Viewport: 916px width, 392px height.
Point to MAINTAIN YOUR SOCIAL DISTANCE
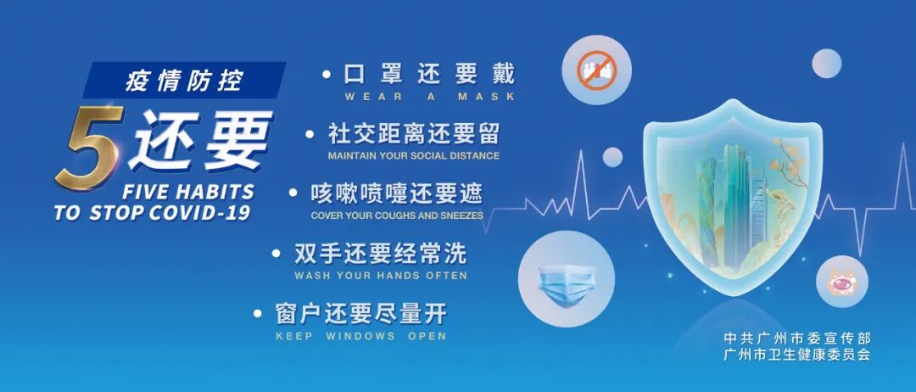[413, 156]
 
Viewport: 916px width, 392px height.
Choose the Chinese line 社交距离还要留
[414, 133]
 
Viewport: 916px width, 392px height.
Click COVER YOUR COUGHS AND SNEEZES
[397, 216]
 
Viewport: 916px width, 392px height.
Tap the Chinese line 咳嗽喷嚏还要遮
[397, 193]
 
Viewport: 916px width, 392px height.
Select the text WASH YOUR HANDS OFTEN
[380, 276]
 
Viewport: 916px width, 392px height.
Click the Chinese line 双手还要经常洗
[380, 253]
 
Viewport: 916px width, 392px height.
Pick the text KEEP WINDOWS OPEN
[360, 336]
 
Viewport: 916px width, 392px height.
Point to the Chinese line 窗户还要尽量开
[360, 313]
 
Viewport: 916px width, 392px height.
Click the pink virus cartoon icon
[842, 283]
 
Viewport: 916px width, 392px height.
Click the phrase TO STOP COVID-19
[153, 213]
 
